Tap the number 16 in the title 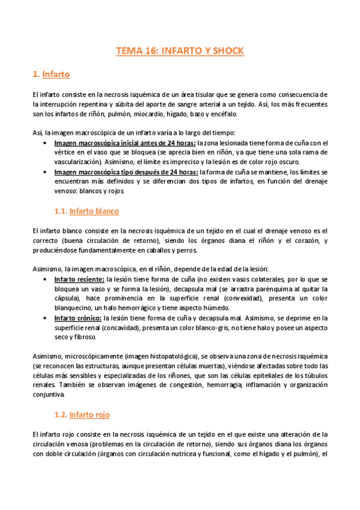[150, 51]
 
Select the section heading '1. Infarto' [51, 75]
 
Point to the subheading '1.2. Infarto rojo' [84, 415]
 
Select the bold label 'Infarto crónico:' [78, 318]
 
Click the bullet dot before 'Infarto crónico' [47, 318]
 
